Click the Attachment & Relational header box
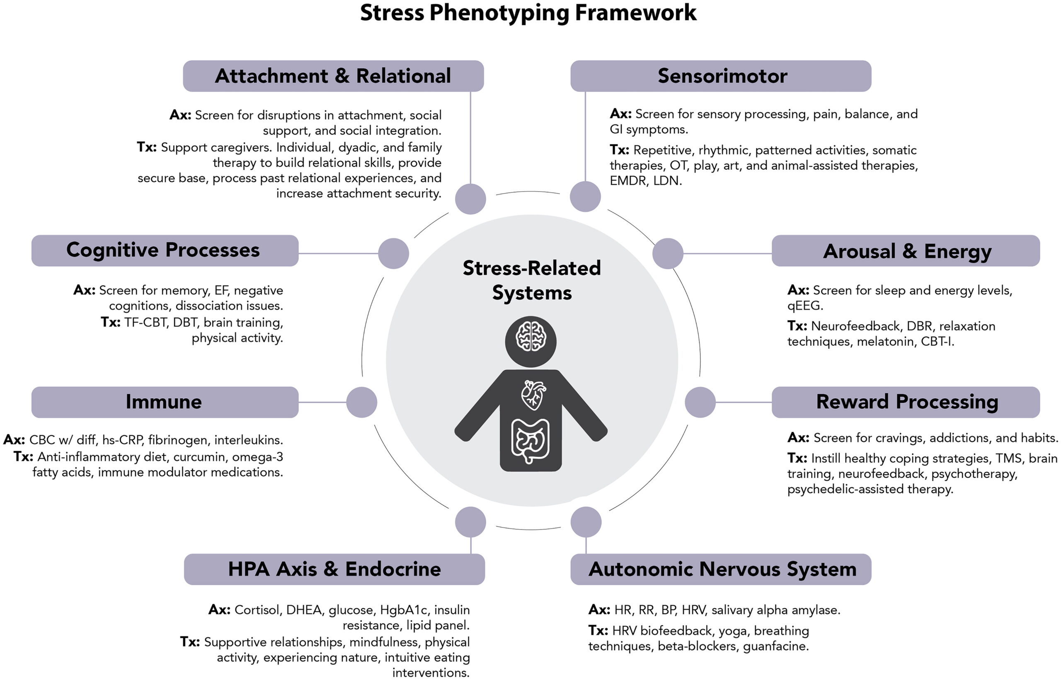(333, 76)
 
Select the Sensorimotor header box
(721, 76)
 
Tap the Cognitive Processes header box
(165, 251)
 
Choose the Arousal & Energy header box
(906, 251)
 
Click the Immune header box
(165, 402)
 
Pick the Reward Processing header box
(906, 402)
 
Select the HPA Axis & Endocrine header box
(334, 569)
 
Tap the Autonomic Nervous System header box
(721, 569)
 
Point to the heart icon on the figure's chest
(533, 395)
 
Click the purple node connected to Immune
(361, 402)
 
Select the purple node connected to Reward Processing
(700, 402)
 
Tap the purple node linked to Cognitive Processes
(393, 253)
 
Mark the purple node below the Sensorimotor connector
(585, 196)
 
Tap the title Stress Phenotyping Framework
(528, 13)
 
